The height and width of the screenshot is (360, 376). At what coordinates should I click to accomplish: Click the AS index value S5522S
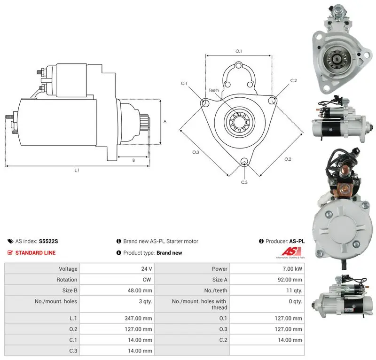(x=48, y=241)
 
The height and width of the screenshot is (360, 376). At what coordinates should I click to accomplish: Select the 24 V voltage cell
(x=147, y=269)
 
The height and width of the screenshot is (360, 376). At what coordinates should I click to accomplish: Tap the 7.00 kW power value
(x=292, y=269)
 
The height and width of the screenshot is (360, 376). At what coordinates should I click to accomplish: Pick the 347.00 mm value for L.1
(x=138, y=318)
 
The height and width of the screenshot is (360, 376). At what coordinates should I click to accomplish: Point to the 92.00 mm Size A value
(x=290, y=280)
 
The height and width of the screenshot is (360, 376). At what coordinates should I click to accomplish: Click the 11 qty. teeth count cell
(x=294, y=290)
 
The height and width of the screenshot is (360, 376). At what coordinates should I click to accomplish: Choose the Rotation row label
(x=67, y=280)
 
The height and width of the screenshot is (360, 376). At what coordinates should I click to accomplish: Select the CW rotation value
(x=147, y=280)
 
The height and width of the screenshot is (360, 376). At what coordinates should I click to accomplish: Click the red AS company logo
(x=291, y=251)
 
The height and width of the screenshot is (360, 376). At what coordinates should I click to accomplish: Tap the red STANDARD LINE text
(x=35, y=253)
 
